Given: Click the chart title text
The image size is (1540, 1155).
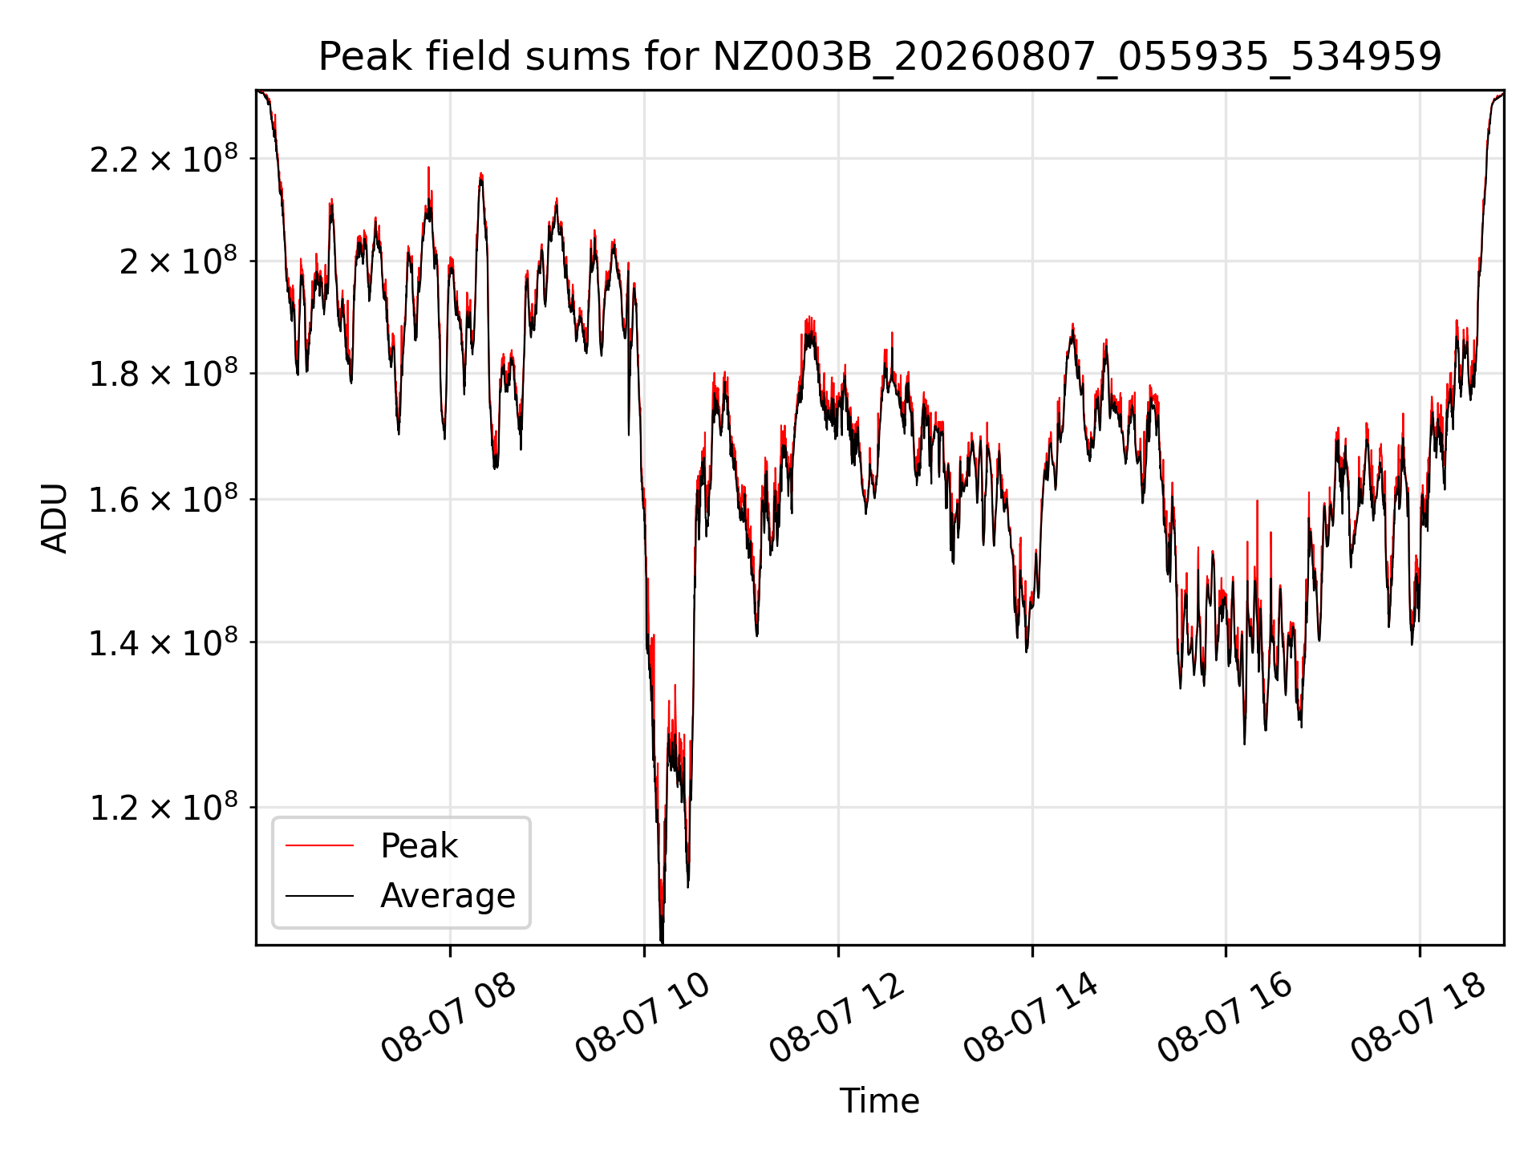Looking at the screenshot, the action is click(x=880, y=57).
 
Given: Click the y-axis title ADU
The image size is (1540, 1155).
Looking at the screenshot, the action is click(x=55, y=518).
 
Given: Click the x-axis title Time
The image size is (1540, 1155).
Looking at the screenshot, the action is click(x=879, y=1100).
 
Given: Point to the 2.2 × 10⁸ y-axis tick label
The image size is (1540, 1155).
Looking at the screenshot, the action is click(x=164, y=159).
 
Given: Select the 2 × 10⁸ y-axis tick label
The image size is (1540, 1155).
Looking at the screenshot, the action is click(x=178, y=261).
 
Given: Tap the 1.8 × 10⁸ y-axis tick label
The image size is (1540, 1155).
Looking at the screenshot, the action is click(x=164, y=373).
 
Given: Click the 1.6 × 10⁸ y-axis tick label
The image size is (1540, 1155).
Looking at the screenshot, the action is click(x=164, y=499).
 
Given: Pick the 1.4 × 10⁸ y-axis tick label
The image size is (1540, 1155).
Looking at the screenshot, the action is click(x=164, y=642).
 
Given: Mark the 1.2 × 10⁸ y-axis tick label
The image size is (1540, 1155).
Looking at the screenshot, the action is click(x=164, y=807).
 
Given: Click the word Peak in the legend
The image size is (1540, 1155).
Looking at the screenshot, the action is click(x=419, y=846).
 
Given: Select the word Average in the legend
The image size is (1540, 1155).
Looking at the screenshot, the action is click(x=448, y=896).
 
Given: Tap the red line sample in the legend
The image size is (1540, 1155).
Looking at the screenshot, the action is click(x=319, y=845).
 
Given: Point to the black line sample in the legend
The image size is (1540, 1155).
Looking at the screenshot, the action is click(x=319, y=896).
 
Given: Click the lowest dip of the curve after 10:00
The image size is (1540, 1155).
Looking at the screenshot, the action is click(x=662, y=942).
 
